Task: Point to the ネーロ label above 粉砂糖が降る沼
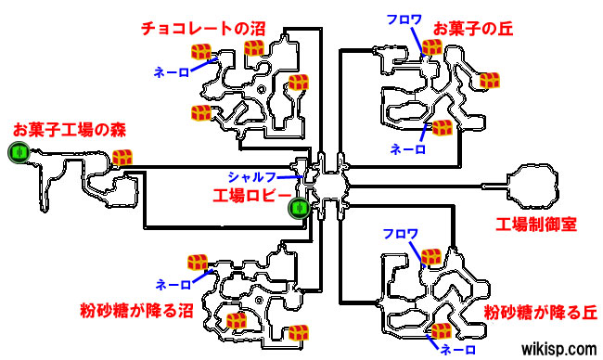[173, 283]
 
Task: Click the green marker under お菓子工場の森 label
[18, 152]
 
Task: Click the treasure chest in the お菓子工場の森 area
[122, 160]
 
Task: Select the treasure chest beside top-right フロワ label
[430, 46]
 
